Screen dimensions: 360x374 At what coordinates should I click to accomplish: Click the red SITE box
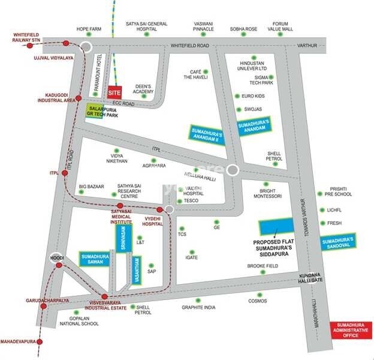point(114,93)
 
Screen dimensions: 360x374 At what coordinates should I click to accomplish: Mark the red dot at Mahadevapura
point(40,341)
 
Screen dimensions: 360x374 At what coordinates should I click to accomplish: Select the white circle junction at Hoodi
point(56,257)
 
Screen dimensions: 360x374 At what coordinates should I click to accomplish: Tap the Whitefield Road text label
point(189,46)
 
